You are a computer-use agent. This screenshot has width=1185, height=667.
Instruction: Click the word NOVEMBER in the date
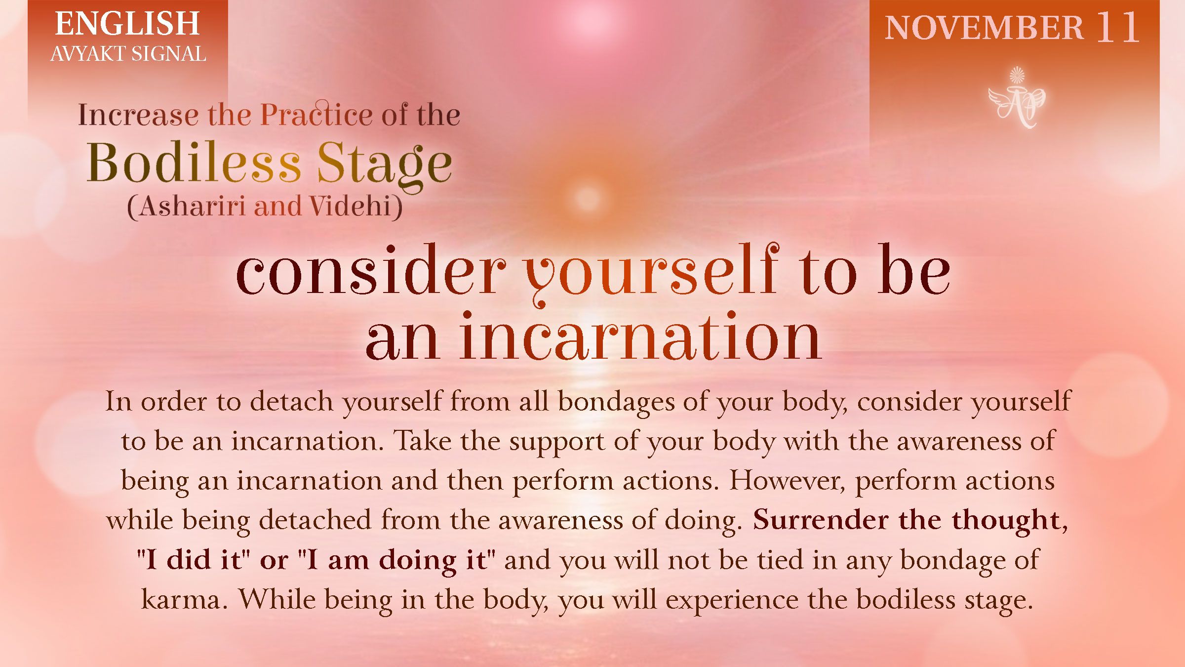984,28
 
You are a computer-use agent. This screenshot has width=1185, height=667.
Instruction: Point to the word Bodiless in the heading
194,163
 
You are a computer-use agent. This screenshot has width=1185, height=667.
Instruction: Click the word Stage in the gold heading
384,164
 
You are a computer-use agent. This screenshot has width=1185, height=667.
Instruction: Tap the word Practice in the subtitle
316,115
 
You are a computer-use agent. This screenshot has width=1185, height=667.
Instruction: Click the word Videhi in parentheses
351,206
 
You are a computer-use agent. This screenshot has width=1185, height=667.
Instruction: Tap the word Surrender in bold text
820,520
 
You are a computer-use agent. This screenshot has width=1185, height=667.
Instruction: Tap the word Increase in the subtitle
138,115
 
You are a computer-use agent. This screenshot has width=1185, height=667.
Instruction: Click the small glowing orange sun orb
587,198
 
